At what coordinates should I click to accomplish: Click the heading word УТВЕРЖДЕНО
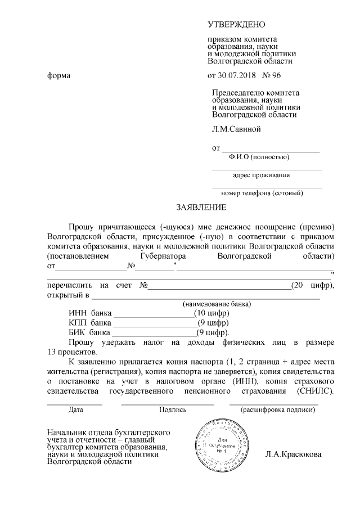pos(236,25)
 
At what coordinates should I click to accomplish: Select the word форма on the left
pos(58,75)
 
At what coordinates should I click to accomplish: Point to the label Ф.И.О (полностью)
pos(259,156)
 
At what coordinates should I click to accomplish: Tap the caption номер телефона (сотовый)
pos(262,193)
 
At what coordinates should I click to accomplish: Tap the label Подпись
pos(173,409)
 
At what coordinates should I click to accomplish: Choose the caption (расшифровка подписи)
pos(277,409)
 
